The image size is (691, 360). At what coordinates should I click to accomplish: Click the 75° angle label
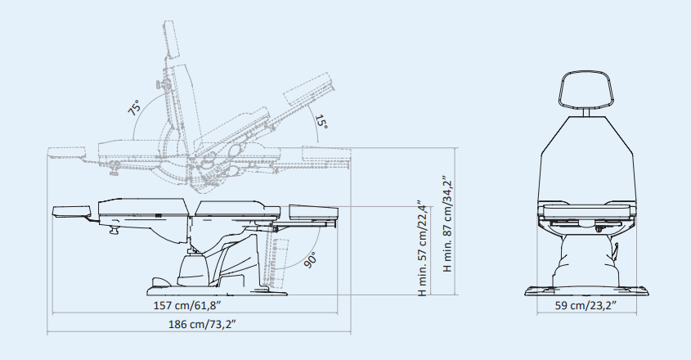click(x=134, y=108)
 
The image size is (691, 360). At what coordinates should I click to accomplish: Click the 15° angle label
click(x=321, y=122)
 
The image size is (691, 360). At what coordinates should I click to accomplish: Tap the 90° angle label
click(x=310, y=260)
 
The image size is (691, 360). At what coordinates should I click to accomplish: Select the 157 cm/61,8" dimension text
click(x=186, y=305)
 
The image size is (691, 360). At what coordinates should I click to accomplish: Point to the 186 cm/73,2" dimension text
click(x=202, y=324)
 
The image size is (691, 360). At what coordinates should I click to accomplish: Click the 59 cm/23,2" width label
click(x=586, y=305)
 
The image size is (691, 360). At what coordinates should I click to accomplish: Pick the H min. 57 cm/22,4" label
click(x=422, y=247)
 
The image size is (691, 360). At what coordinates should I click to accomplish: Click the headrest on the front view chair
click(x=586, y=89)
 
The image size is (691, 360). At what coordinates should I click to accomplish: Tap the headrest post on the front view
click(x=586, y=113)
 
